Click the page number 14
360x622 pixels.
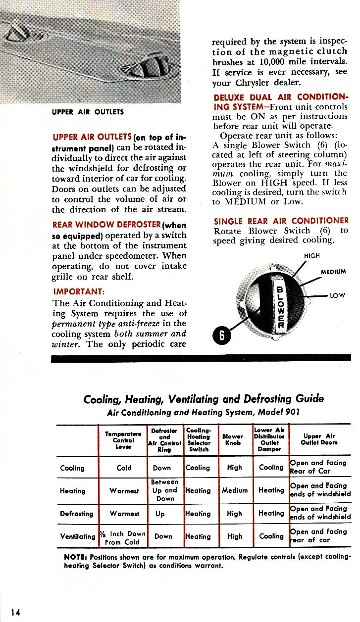[x=15, y=613]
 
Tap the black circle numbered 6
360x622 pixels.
[x=222, y=335]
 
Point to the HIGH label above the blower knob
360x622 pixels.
[x=311, y=256]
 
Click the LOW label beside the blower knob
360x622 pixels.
[x=337, y=295]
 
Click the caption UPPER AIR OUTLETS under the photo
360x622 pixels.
[x=88, y=112]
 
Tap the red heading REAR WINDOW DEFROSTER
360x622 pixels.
[x=107, y=225]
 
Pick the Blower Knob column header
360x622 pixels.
[x=232, y=439]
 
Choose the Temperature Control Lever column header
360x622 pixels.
[x=123, y=439]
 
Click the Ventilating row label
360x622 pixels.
[x=78, y=536]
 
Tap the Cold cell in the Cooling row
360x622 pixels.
[x=124, y=468]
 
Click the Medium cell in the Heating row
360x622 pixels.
[x=234, y=490]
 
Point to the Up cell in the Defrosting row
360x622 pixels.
[x=160, y=514]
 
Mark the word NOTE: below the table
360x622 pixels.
[x=76, y=557]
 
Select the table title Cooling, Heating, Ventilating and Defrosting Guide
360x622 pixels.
[x=204, y=398]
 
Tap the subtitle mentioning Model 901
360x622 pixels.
[x=204, y=412]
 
